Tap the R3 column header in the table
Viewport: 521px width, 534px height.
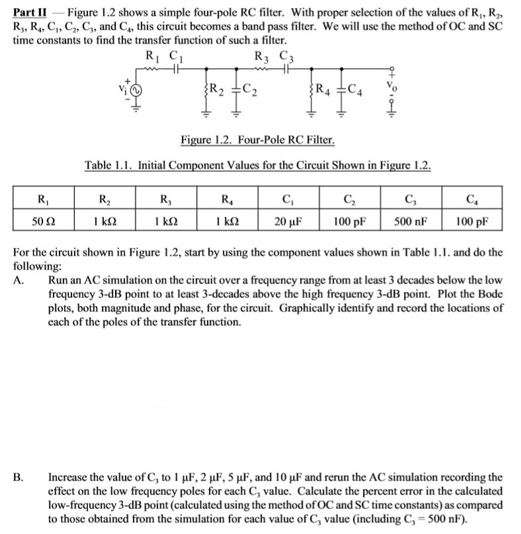[165, 199]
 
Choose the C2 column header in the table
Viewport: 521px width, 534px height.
[349, 199]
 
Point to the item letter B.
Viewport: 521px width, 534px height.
[19, 477]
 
